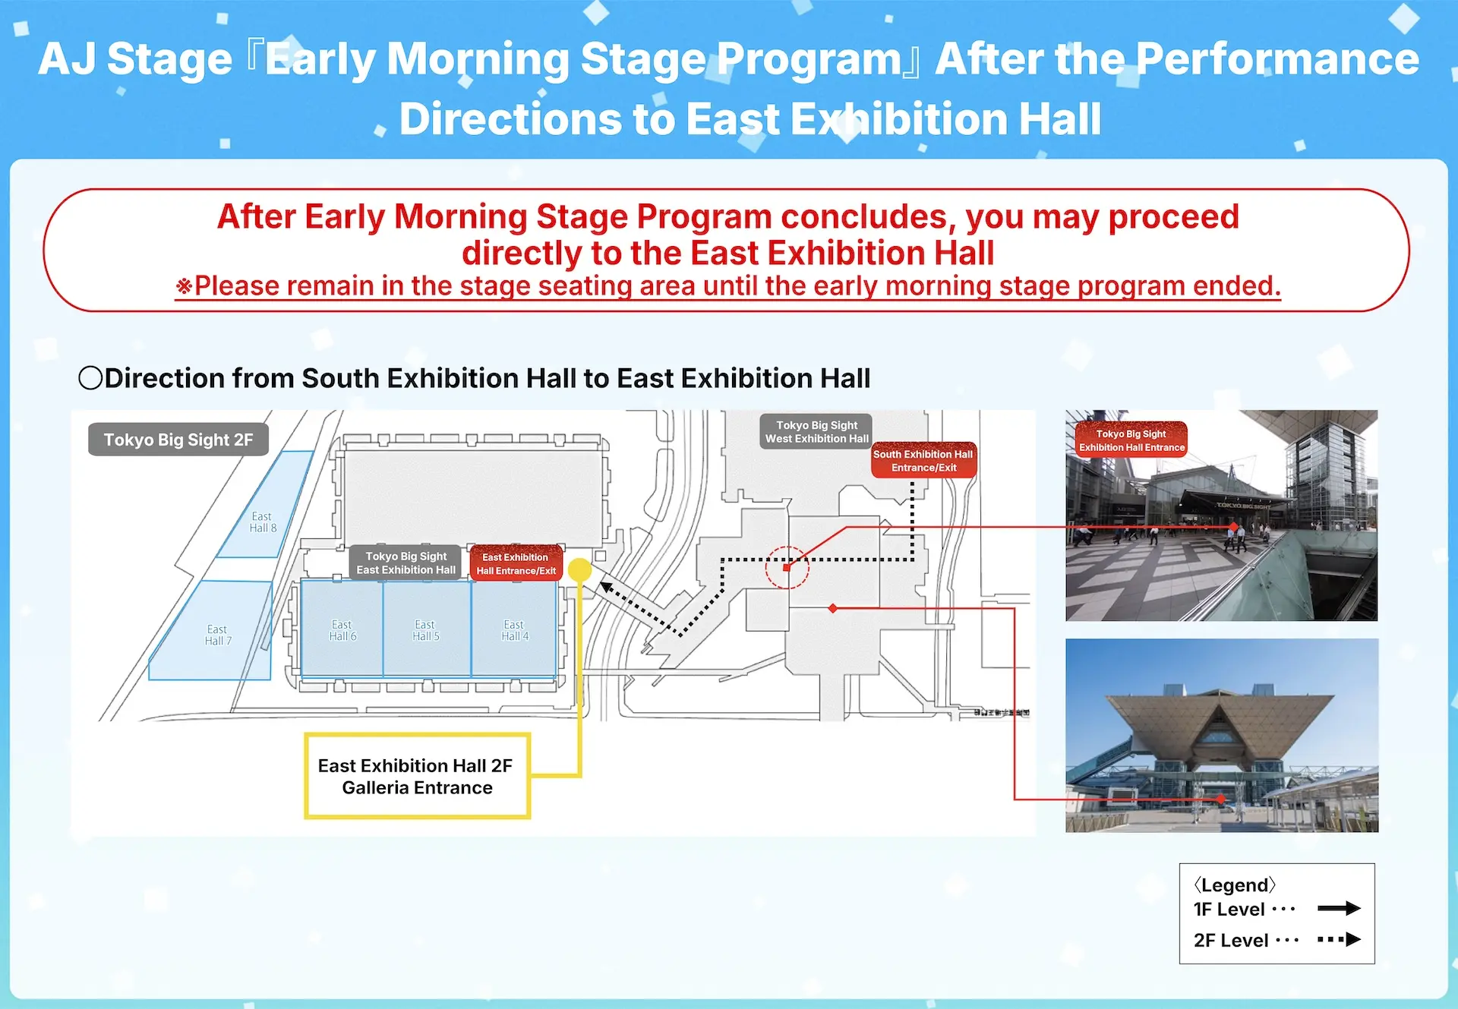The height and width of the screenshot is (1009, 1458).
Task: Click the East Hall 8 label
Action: coord(263,522)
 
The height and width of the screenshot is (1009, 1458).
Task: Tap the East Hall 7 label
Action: coord(218,635)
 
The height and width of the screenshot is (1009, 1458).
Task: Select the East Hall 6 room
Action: coord(342,630)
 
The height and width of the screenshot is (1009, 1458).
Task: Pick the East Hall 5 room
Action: coord(426,630)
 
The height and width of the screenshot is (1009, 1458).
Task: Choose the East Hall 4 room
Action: coord(514,630)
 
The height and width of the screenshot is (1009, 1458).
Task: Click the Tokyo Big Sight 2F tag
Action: coord(178,440)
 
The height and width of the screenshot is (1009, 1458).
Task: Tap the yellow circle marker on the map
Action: coord(579,569)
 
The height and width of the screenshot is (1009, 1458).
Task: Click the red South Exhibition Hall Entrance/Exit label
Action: coord(923,461)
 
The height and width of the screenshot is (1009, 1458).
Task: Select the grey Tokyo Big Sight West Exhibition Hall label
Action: coord(816,432)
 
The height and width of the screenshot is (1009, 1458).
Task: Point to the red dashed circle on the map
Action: coord(787,567)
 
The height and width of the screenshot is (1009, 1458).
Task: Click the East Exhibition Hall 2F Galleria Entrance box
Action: coord(416,776)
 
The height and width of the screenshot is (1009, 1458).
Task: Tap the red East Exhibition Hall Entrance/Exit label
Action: coord(516,564)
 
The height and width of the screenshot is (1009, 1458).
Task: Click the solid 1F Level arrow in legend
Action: coord(1338,909)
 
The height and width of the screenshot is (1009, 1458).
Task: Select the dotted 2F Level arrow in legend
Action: coord(1339,940)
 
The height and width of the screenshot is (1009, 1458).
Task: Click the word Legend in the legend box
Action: coord(1234,885)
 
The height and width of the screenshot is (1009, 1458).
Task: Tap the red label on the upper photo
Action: coord(1131,440)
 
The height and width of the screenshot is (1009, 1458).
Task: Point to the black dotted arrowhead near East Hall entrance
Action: coord(606,588)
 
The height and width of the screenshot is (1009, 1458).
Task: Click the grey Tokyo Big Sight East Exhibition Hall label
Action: coord(406,563)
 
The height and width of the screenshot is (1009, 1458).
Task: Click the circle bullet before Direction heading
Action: coord(90,378)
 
